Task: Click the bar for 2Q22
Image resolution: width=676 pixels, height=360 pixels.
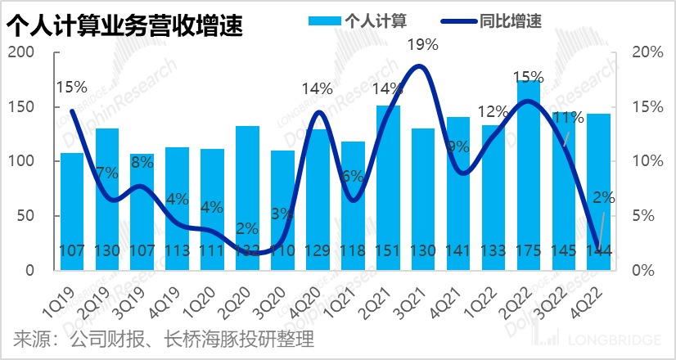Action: coord(529,175)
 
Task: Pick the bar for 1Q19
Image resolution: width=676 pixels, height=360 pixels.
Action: coord(72,211)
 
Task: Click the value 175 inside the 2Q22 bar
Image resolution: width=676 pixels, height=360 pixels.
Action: coord(529,250)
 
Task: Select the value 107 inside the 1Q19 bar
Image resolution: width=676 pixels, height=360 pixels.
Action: coord(72,250)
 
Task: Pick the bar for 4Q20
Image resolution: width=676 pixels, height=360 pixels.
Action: coord(318,200)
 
